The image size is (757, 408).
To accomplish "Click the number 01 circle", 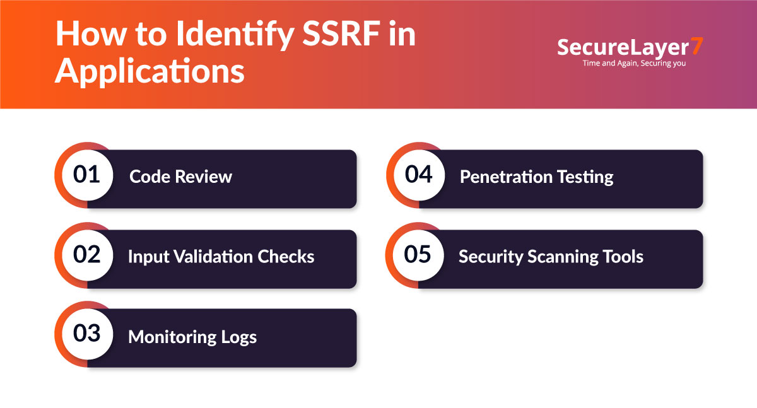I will [86, 175].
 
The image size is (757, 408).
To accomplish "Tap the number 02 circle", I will [86, 254].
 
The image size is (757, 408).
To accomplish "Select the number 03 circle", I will [86, 334].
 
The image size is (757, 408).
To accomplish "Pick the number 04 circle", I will [418, 175].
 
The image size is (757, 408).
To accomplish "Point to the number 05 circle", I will [418, 254].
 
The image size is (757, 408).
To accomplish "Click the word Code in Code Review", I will [150, 177].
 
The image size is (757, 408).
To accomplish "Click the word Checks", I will [287, 257].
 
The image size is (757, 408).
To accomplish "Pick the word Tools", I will [621, 257].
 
